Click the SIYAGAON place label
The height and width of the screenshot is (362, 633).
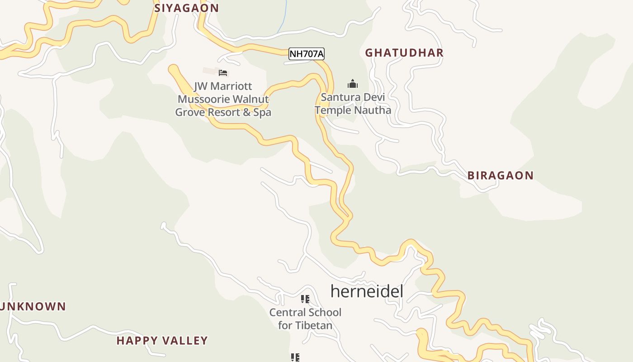(x=186, y=8)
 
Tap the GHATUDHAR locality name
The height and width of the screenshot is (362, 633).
(x=404, y=52)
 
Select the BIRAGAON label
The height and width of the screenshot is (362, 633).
(x=500, y=176)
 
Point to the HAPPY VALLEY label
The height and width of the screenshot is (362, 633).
(x=162, y=340)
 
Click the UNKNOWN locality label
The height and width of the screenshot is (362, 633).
(x=33, y=306)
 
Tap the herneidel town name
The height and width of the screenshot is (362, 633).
(x=366, y=291)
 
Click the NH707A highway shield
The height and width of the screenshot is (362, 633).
(x=307, y=54)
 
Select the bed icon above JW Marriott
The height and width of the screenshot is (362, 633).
(x=222, y=72)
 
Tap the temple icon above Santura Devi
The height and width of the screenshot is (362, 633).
(x=352, y=84)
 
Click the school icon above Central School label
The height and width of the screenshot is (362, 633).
(x=305, y=299)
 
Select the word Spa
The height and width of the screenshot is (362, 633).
(x=262, y=112)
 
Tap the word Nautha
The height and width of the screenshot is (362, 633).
(x=373, y=110)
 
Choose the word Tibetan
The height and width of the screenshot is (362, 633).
(x=313, y=325)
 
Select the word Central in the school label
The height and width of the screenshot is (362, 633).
(x=287, y=312)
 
